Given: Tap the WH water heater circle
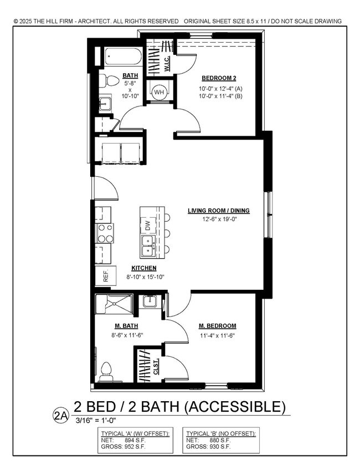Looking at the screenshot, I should click(160, 91).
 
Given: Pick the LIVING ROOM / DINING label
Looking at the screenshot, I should click(219, 211).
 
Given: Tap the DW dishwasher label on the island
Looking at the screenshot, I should click(147, 226).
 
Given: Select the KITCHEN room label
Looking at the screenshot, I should click(144, 268).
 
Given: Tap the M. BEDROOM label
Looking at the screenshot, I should click(218, 326).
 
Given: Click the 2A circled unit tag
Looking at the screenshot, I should click(60, 413).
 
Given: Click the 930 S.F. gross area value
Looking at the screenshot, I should click(220, 446).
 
